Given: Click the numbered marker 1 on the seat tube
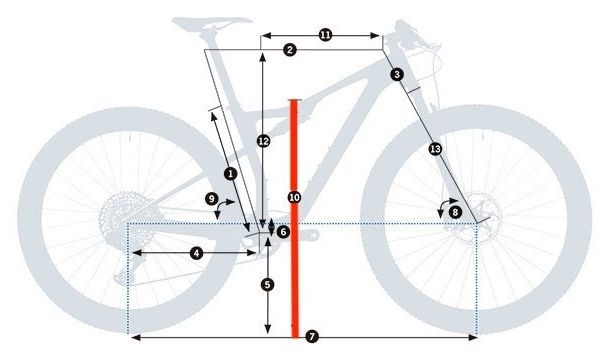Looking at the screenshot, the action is (x=231, y=173).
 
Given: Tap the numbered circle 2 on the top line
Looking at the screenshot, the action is (x=289, y=50).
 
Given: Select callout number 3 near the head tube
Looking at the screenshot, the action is (x=397, y=75).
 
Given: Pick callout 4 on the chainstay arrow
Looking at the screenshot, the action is (x=196, y=254).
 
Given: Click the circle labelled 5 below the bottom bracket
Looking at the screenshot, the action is (x=267, y=285).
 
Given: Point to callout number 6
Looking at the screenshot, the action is (x=283, y=232).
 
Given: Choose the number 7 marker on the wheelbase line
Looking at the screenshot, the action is (x=312, y=338).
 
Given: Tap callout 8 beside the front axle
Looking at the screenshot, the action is (x=455, y=212).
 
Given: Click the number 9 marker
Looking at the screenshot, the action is (x=212, y=200).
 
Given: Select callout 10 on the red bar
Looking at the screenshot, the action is (x=294, y=198).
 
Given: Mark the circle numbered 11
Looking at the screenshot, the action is (x=325, y=35).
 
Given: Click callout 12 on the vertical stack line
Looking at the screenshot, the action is (x=263, y=141).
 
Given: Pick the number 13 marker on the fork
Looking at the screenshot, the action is (x=434, y=149).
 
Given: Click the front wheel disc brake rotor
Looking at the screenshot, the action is (x=470, y=226).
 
